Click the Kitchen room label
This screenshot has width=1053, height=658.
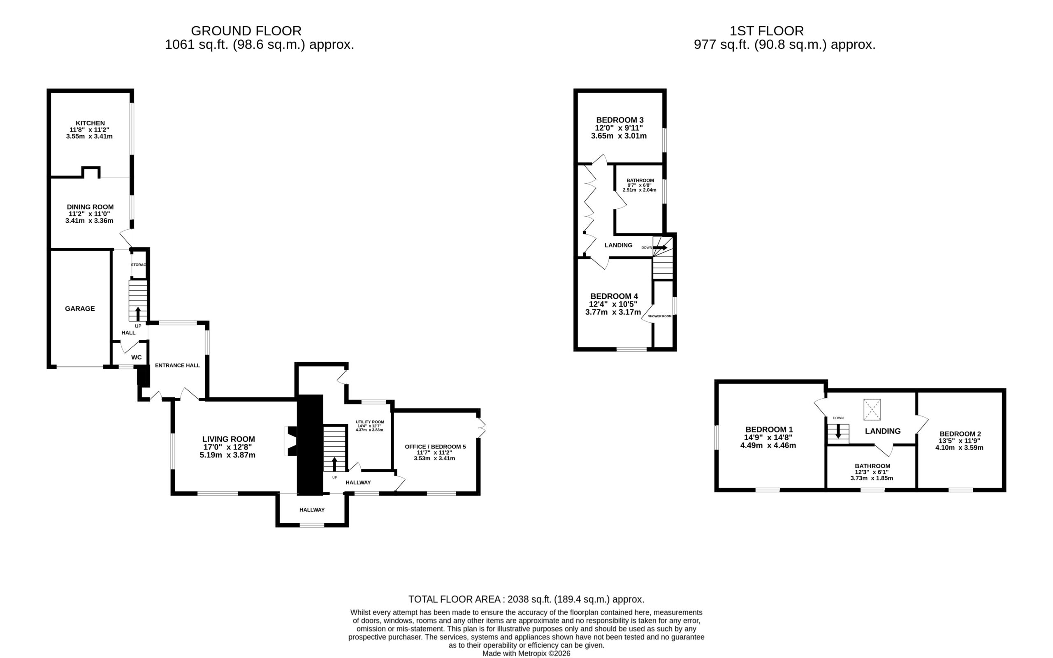(90, 123)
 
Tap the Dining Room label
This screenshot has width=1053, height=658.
(90, 207)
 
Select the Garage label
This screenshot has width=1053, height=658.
(80, 309)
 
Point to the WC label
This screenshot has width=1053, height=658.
(136, 357)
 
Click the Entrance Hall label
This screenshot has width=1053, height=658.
(177, 365)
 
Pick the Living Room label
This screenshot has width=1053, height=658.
(229, 439)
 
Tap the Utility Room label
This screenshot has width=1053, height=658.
(370, 422)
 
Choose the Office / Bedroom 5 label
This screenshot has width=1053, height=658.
(435, 446)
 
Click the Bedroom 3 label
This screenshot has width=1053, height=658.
(620, 120)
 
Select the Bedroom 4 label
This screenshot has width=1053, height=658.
(614, 296)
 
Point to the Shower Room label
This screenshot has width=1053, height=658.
(660, 316)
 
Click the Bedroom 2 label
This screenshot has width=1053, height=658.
(960, 434)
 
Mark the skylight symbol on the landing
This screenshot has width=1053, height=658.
(872, 409)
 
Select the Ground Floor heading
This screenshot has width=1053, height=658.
(246, 31)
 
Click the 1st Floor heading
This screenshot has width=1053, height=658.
(766, 31)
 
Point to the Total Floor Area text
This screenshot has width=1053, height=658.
(526, 599)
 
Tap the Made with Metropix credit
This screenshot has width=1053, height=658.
(526, 653)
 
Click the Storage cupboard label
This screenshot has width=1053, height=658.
(139, 265)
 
